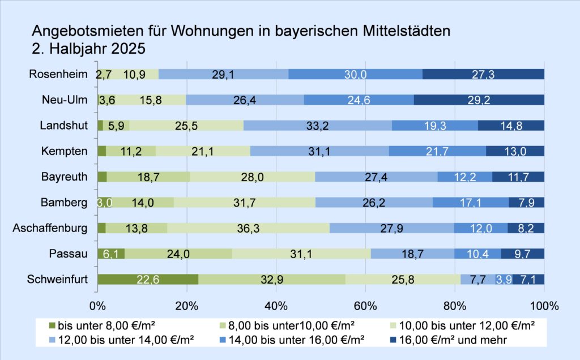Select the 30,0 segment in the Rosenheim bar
[x=355, y=74]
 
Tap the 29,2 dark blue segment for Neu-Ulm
[x=479, y=100]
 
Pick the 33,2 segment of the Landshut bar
[x=317, y=125]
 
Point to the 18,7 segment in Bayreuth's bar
[x=148, y=177]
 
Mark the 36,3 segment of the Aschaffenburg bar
[x=248, y=228]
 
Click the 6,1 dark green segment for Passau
[x=111, y=254]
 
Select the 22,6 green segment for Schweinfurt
[x=148, y=279]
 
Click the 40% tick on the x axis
[x=276, y=306]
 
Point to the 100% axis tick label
[x=544, y=306]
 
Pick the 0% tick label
[x=98, y=306]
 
